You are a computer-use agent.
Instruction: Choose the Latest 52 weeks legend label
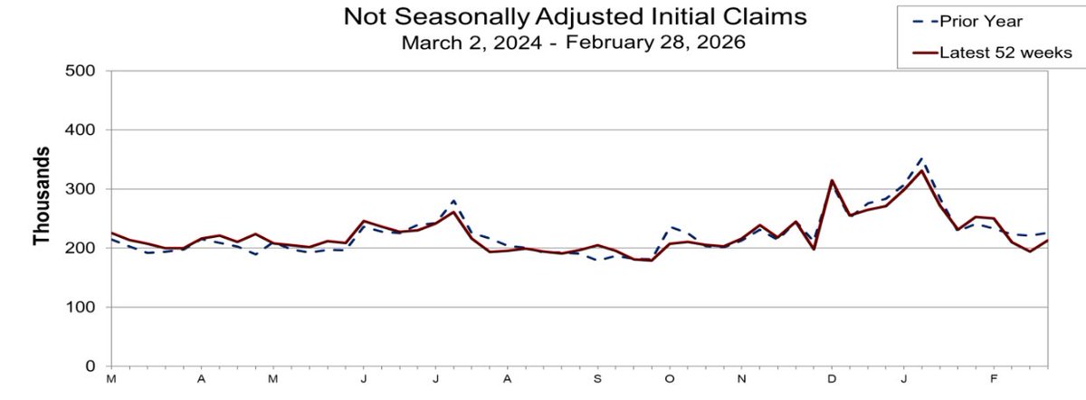tap(1006, 52)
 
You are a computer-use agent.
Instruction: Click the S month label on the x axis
tap(597, 378)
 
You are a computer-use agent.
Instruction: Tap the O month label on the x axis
tap(670, 378)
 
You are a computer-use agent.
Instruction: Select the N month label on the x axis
tap(741, 378)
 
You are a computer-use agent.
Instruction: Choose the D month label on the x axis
tap(832, 378)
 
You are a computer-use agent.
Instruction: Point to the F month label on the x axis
tap(994, 378)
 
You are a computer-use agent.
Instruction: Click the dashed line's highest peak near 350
tap(921, 157)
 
